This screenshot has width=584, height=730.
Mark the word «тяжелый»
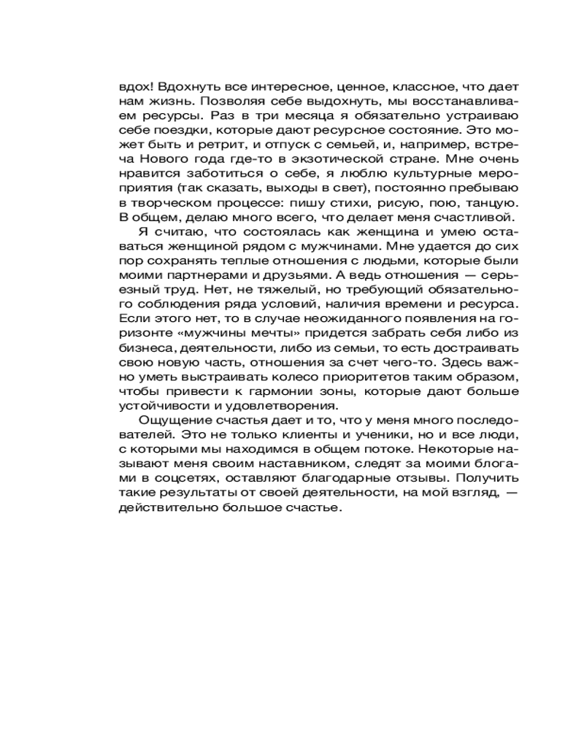(218, 291)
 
